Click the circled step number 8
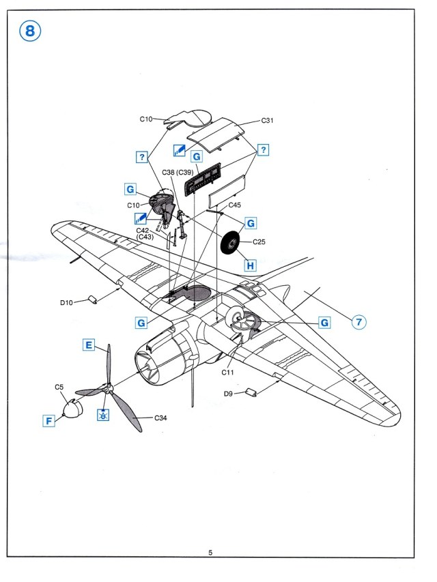30,31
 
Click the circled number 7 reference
358,321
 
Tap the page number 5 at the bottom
210,553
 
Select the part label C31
267,120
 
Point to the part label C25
259,242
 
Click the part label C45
234,205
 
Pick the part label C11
227,373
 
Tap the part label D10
66,302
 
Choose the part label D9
228,394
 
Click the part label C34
160,418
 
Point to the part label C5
59,387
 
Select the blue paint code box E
89,345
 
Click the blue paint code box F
48,421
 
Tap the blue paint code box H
250,265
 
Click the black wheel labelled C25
230,243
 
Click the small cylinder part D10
92,300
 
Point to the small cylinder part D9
251,392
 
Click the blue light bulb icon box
102,415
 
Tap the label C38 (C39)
178,173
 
